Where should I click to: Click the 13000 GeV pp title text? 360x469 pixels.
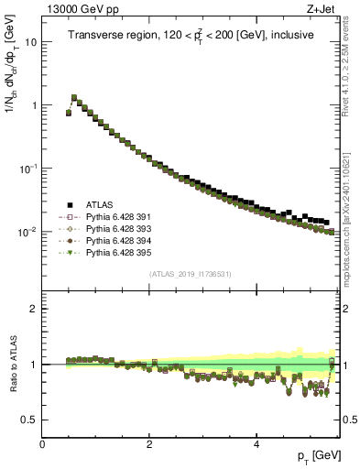click(x=82, y=9)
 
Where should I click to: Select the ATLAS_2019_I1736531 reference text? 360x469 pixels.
click(x=191, y=274)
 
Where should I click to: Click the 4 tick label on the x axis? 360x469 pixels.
click(x=256, y=443)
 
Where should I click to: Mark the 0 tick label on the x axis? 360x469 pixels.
click(x=42, y=443)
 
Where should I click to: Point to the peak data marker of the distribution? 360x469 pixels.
click(x=74, y=96)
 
